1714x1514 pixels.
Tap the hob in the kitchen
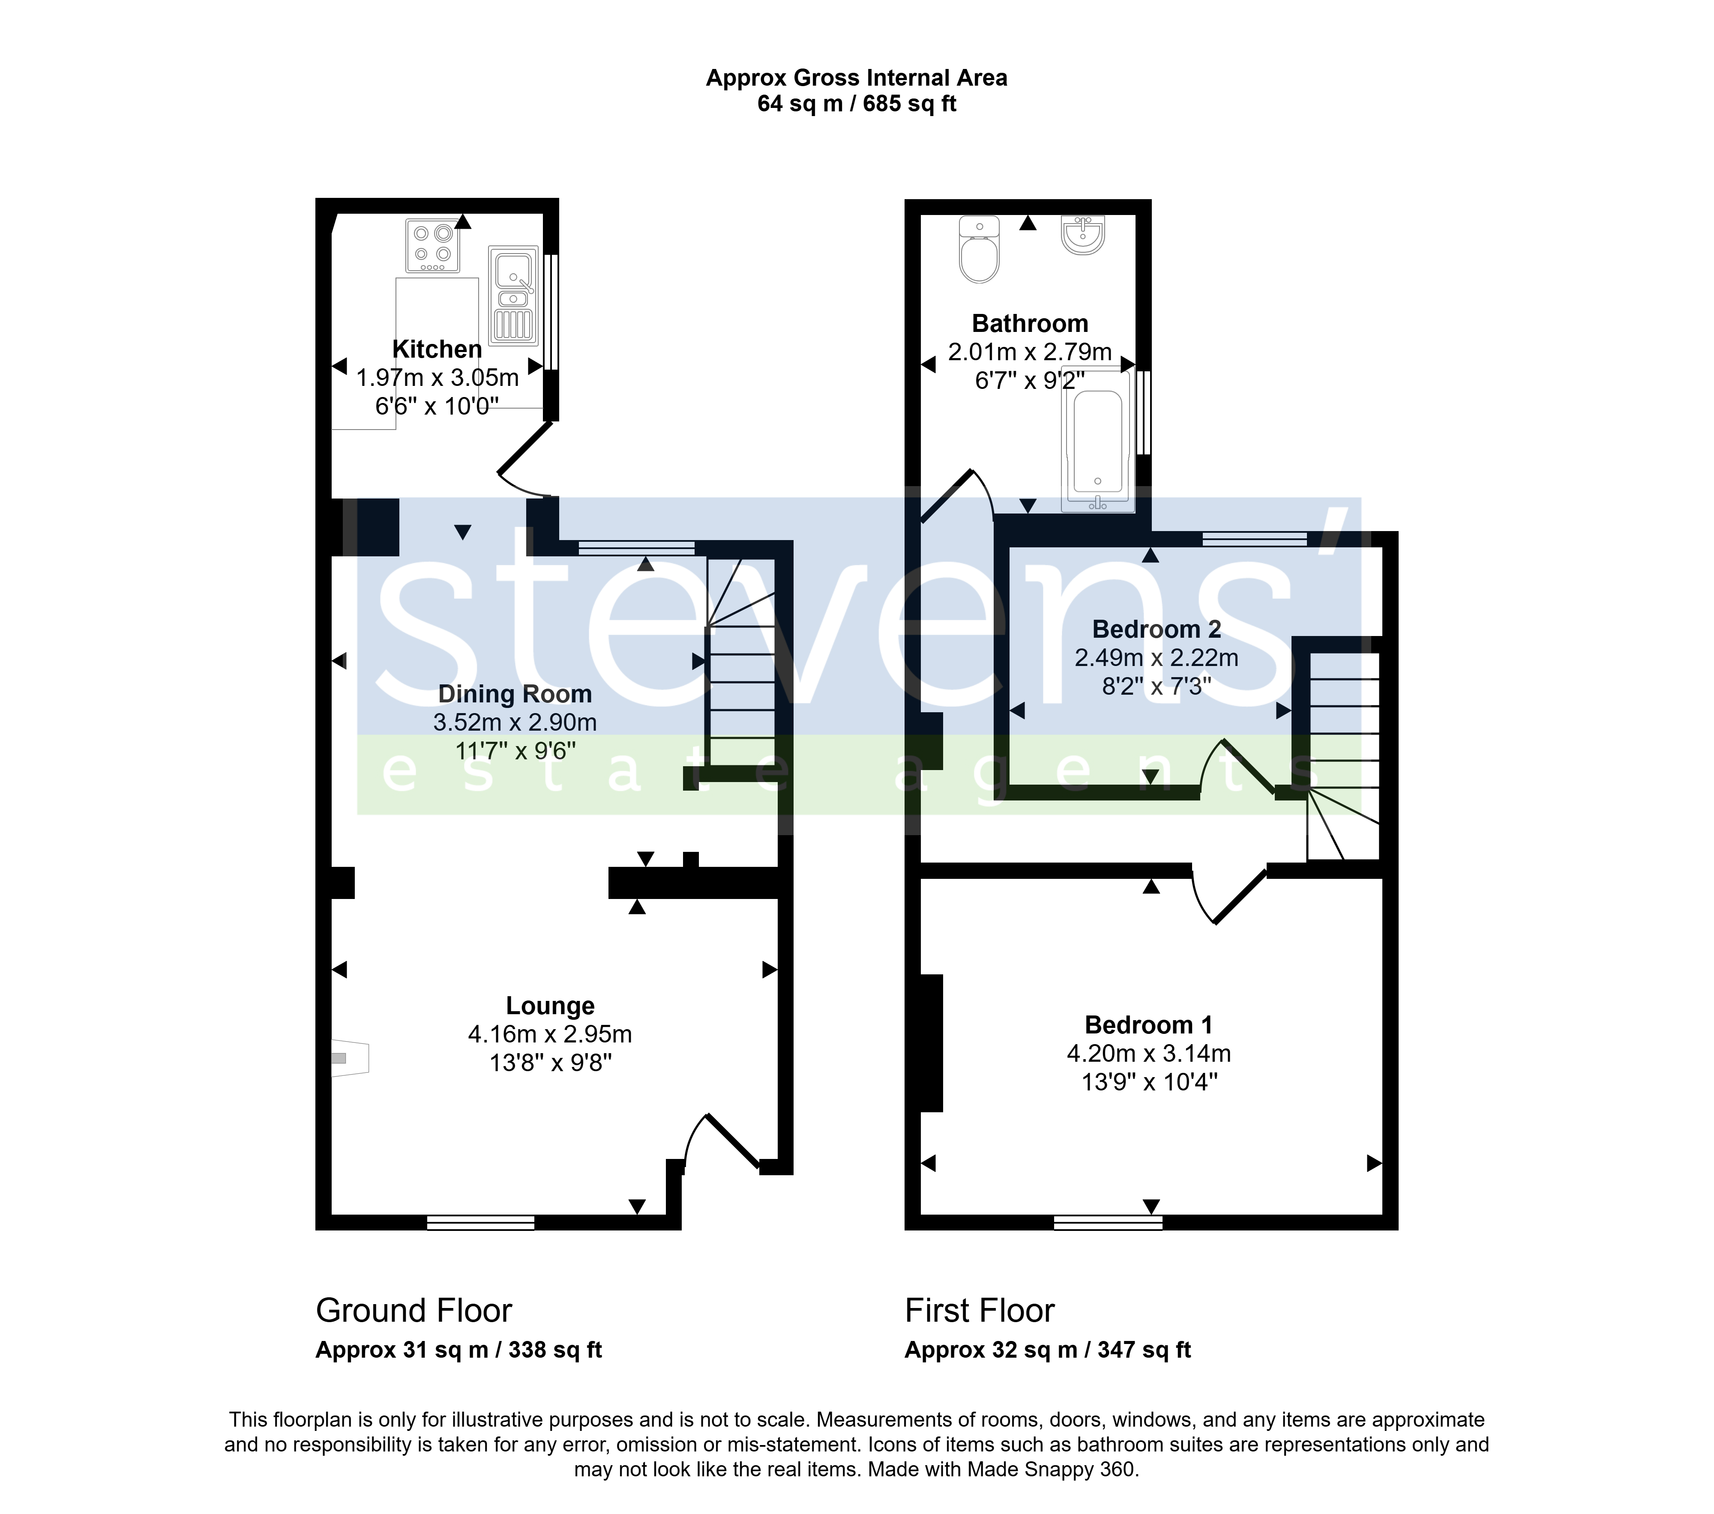433,246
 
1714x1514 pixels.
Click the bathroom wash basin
1083,235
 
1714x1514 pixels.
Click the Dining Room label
515,694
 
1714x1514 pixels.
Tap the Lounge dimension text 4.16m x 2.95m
550,1034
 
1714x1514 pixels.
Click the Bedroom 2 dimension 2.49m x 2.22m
1157,658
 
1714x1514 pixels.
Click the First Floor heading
980,1310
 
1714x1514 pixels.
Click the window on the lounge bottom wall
480,1222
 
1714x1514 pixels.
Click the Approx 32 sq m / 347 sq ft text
1047,1350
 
